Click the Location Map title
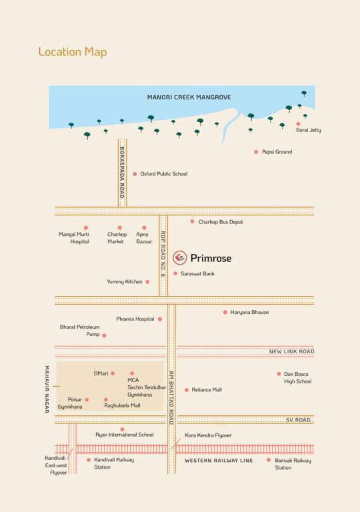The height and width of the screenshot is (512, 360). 72,52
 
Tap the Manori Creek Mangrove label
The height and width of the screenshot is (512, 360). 189,97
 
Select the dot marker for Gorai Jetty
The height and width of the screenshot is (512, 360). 298,123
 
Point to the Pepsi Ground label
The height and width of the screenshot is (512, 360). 277,152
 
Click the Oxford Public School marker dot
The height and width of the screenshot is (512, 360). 135,174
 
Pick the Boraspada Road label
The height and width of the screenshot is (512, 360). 122,173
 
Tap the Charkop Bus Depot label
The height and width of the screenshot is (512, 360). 221,221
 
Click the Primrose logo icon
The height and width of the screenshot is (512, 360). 179,257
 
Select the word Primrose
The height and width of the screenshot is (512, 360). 211,258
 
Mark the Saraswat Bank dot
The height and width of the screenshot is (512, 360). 175,273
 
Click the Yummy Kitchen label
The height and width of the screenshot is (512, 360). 125,282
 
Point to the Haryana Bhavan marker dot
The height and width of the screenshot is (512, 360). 225,312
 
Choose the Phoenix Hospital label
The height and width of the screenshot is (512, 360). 135,319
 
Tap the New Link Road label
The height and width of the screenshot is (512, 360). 291,351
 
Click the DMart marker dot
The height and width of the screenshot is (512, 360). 113,373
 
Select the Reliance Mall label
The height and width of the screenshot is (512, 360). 207,390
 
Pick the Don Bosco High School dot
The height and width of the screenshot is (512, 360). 279,374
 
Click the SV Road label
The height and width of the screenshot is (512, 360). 298,420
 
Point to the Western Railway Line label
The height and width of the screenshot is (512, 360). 219,461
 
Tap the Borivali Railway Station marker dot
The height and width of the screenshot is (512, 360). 269,460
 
